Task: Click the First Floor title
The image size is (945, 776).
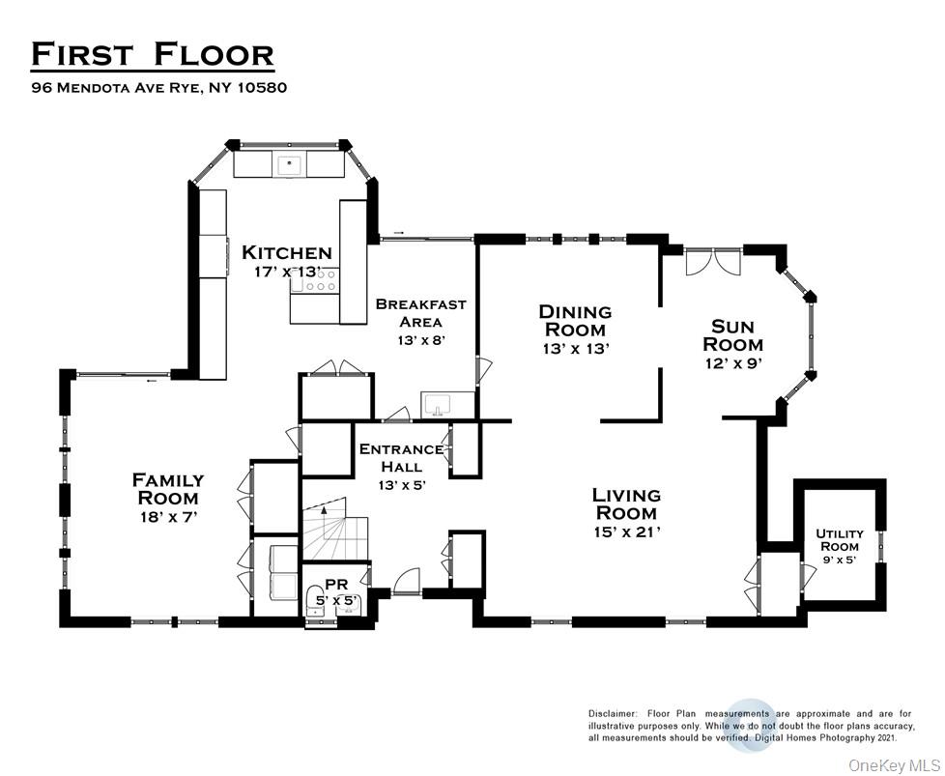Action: (153, 54)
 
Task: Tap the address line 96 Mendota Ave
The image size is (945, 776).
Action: (159, 87)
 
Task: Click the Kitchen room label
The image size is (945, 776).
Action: (287, 252)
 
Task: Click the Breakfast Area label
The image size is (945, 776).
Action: (420, 312)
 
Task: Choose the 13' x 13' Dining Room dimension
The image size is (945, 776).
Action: (577, 349)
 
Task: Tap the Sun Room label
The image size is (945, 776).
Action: (732, 335)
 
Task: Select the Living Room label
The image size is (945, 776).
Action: (626, 504)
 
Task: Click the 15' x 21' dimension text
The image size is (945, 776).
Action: (627, 532)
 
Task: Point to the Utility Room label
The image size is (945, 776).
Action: (840, 539)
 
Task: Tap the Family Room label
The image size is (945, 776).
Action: (168, 489)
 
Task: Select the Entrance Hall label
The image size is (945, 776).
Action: (401, 458)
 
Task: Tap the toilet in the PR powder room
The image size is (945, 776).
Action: (314, 597)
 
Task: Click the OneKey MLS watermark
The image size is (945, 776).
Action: (893, 765)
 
